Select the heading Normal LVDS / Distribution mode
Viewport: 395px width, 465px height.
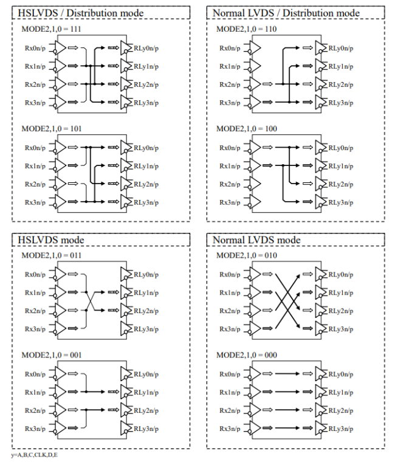coord(286,13)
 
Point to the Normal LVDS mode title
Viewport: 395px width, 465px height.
coord(256,239)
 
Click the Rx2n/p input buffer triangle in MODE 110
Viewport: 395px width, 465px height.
coord(255,83)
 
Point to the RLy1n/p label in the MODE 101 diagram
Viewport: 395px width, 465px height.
coord(146,166)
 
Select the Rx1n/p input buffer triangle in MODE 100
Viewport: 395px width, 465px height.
coord(255,166)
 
